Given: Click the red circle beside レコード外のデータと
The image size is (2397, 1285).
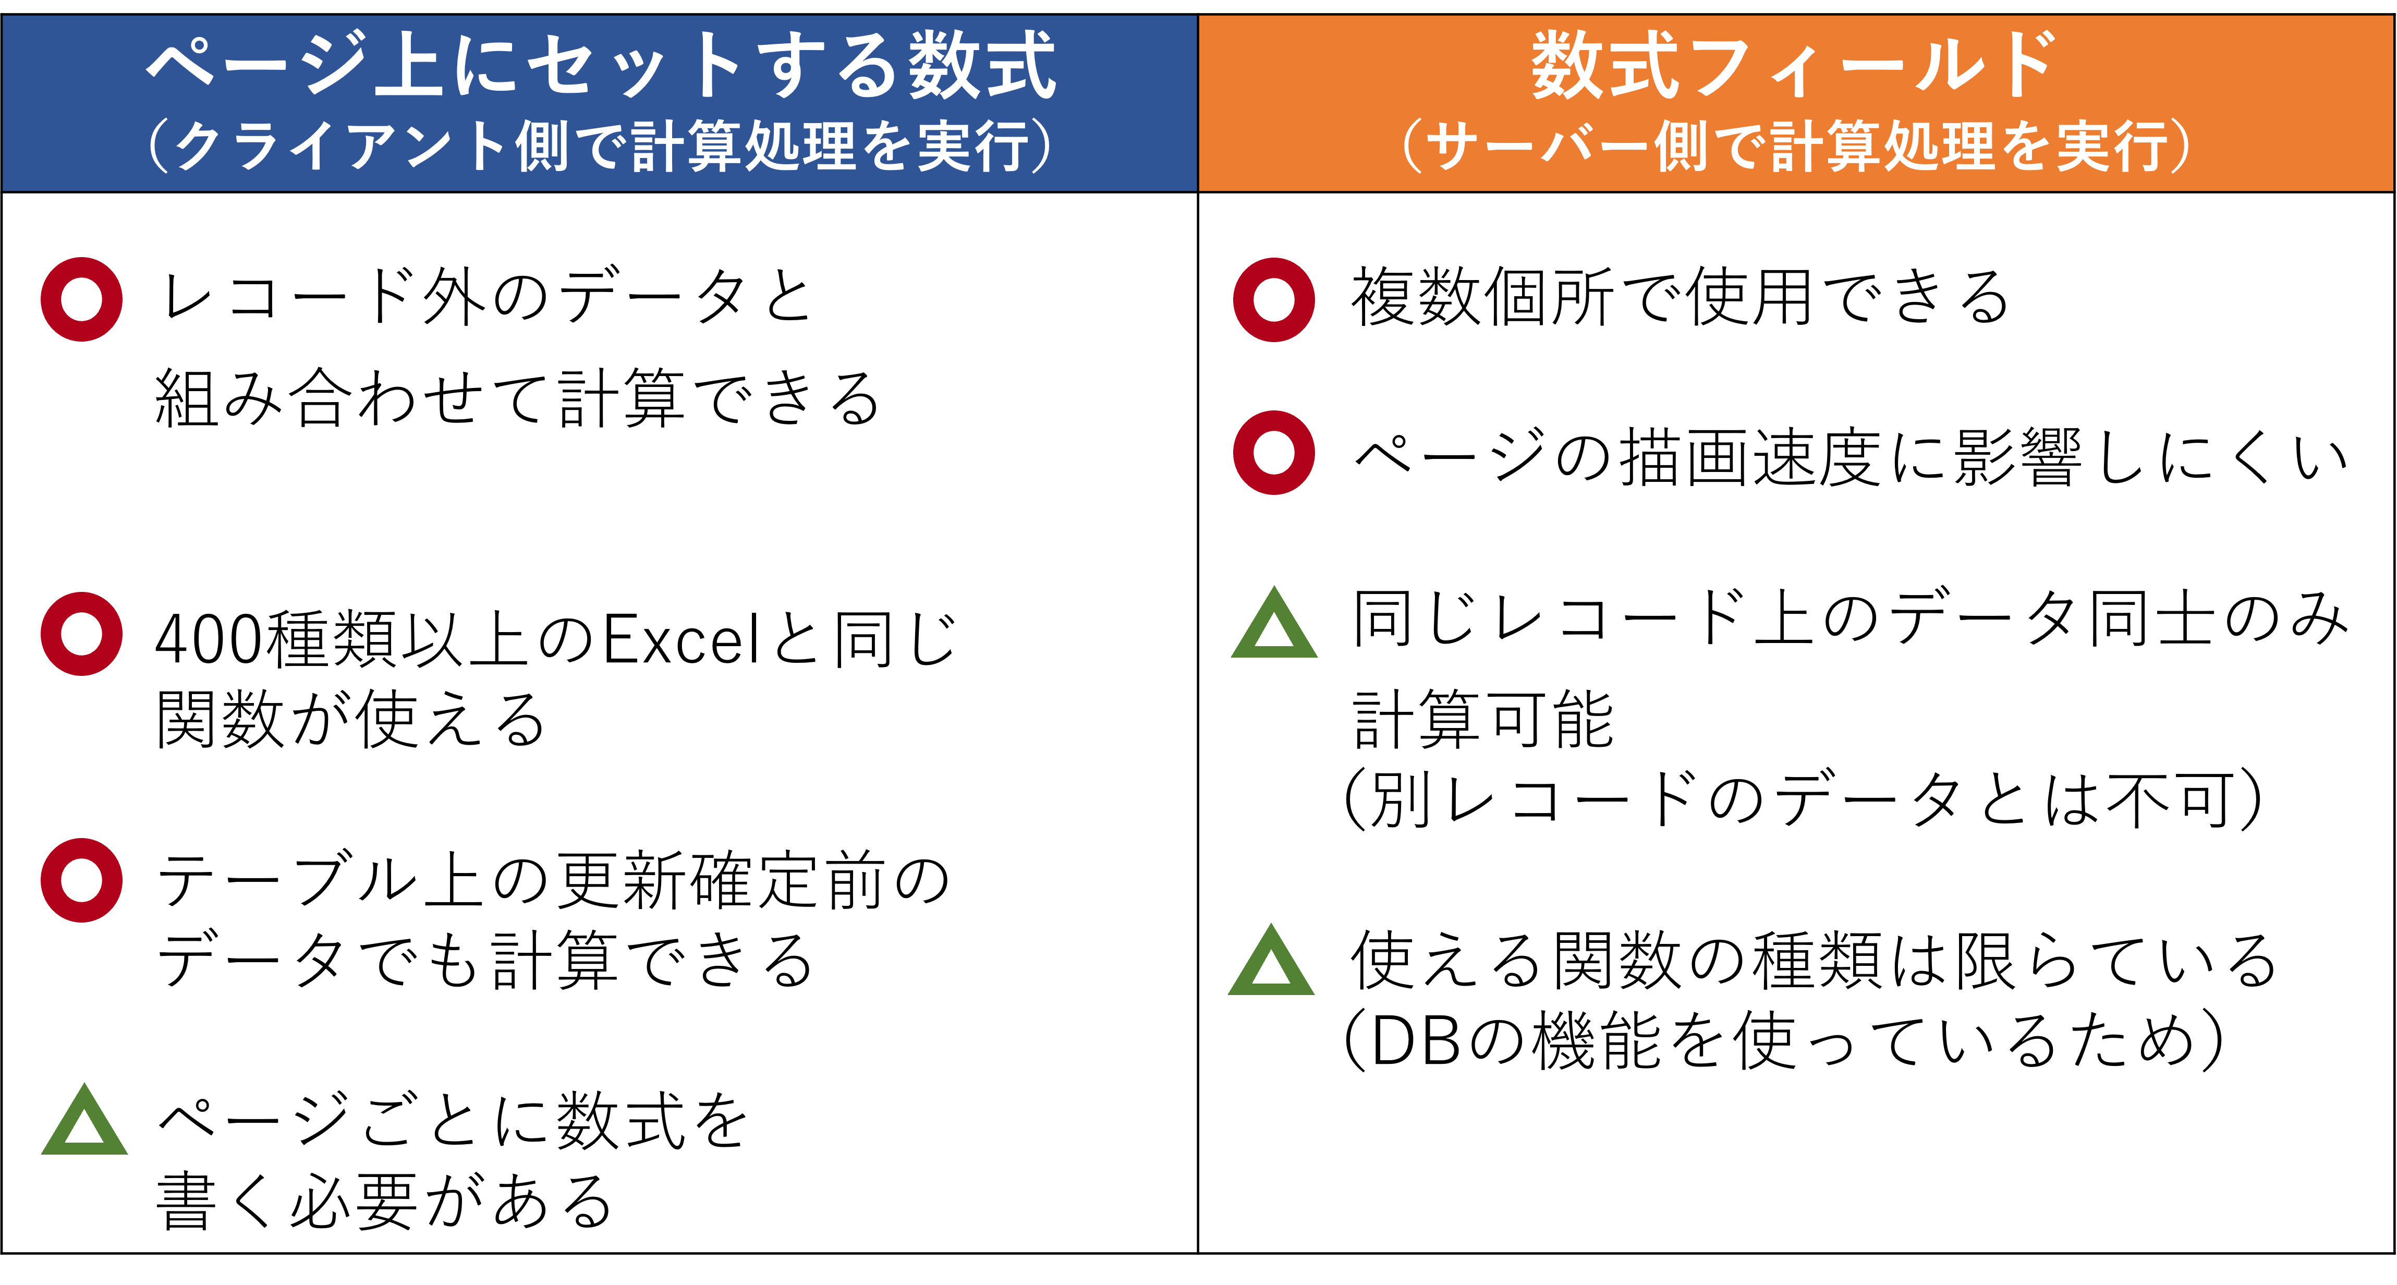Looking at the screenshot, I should tap(82, 300).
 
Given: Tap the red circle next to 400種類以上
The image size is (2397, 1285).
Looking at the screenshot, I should tap(82, 634).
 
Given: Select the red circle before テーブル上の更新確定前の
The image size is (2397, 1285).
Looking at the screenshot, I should tap(82, 880).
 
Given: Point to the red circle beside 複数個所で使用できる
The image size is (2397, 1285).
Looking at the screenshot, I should tap(1274, 300).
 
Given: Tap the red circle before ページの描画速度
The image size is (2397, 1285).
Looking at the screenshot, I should tap(1274, 452).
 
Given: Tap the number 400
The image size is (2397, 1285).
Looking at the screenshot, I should tap(210, 640).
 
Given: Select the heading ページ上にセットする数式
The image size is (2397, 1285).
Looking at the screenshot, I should tap(600, 65).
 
